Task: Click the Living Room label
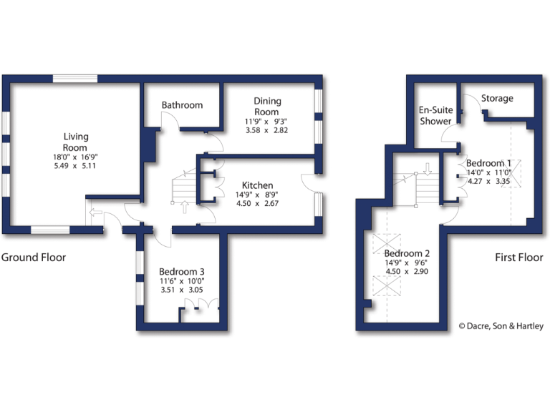tap(75, 142)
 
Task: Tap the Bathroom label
tap(182, 105)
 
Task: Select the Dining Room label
tap(267, 107)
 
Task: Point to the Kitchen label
tap(257, 186)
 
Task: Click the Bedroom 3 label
tap(182, 272)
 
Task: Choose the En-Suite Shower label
tap(435, 115)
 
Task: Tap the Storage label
tap(497, 98)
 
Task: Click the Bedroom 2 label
tap(407, 254)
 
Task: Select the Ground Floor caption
tap(34, 257)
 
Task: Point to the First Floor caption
tap(518, 257)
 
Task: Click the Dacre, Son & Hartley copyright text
tap(501, 326)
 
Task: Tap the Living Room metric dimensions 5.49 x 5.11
tap(75, 165)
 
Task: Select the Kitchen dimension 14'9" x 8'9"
tap(257, 195)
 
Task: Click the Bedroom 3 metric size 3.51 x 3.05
tap(182, 290)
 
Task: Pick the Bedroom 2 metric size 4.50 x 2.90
tap(407, 272)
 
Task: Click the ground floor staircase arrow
tap(185, 207)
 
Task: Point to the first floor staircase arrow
tap(428, 170)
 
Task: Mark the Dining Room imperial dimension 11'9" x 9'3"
tap(267, 122)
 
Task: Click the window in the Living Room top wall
tap(75, 79)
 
